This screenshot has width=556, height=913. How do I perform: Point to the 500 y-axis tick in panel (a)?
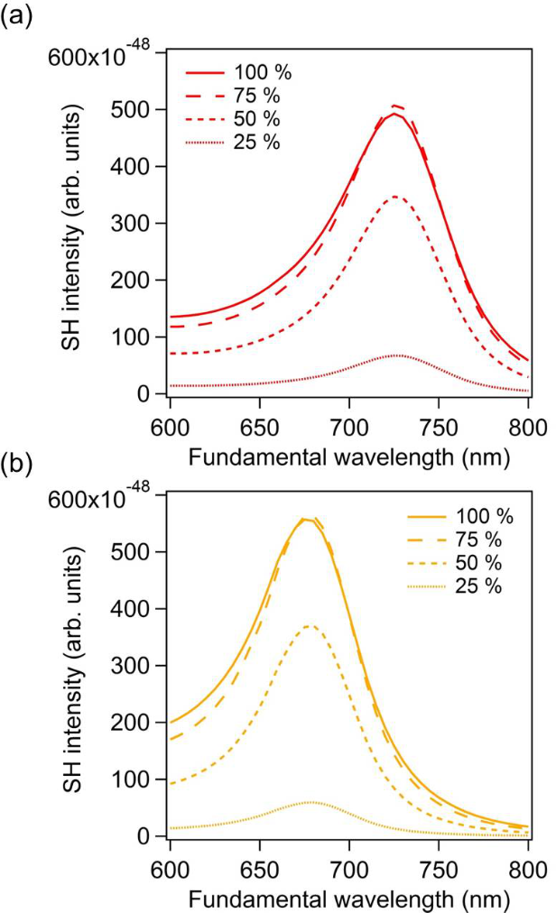coord(142,110)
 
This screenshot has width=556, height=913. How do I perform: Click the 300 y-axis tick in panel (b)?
coord(142,666)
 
